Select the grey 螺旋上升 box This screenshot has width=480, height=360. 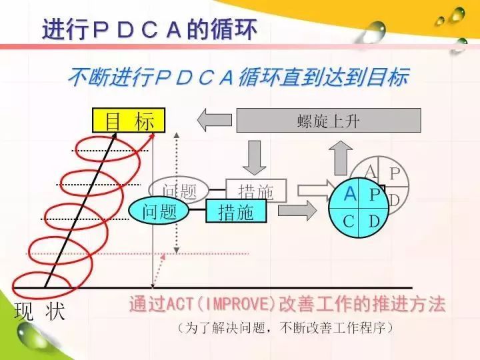coord(329,120)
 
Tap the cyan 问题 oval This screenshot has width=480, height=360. coord(160,211)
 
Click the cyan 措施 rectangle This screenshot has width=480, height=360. coord(237,212)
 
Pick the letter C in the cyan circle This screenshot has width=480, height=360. coord(349,221)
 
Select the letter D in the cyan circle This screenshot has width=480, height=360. coord(375,221)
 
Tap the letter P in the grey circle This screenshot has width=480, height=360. coord(395,174)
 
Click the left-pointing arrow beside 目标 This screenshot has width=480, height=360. coord(213,120)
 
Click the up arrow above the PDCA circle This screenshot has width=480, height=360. coord(341,158)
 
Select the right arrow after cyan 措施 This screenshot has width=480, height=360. coord(297,211)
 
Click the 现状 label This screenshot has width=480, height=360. coord(39,311)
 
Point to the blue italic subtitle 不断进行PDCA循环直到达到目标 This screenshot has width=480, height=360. coord(238,79)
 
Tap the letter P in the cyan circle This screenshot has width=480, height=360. coord(375,195)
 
